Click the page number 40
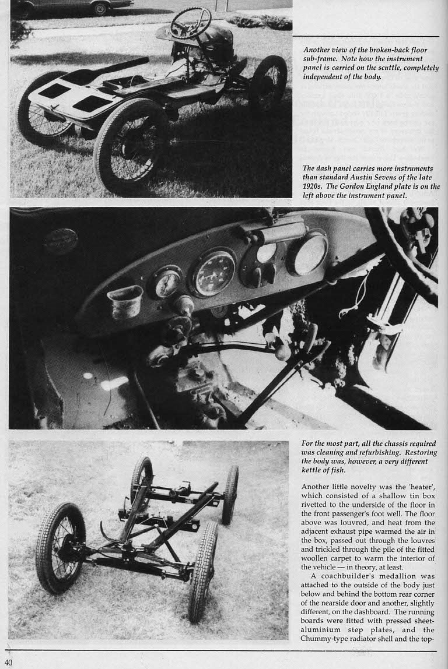click(8, 662)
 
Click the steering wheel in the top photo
click(191, 23)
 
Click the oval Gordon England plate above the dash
click(60, 240)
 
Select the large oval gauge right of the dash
click(307, 252)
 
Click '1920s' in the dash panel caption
click(314, 186)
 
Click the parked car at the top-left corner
click(70, 6)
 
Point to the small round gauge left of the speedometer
click(167, 282)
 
